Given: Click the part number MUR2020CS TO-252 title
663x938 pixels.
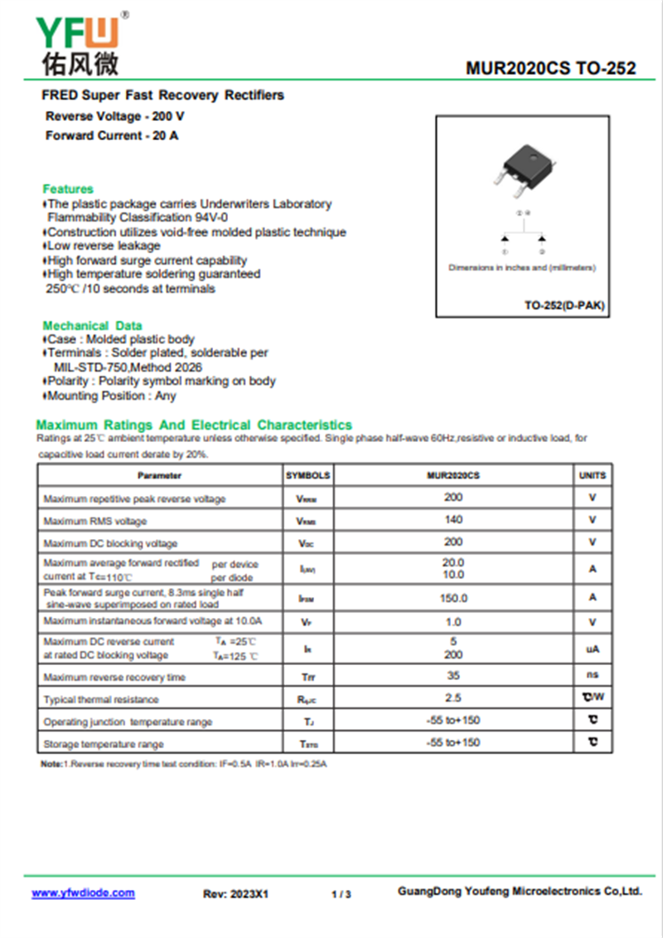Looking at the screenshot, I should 550,68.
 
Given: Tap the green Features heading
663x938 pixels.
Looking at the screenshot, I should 68,189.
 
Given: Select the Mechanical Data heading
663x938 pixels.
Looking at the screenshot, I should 92,325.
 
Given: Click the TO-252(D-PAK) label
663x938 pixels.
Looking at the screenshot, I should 564,306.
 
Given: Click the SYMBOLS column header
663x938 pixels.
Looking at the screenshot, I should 307,476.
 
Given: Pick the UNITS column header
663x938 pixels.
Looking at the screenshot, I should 593,476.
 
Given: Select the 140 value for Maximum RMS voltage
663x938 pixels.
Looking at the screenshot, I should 453,520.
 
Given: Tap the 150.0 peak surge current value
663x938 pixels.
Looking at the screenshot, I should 453,598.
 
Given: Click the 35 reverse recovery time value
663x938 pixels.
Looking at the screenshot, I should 453,676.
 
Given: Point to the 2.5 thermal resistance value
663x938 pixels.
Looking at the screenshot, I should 453,698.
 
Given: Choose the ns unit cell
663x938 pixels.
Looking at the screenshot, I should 593,676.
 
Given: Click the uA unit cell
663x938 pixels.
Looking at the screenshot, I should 593,649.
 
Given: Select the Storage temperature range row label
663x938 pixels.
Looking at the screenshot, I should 104,744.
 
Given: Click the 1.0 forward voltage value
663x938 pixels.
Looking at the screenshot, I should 453,621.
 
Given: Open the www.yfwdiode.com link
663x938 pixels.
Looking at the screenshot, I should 83,893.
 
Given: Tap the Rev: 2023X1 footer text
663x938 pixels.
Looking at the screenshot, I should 236,895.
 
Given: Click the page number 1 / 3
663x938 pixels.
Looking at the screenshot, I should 341,895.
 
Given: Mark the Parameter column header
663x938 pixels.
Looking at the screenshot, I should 159,476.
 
